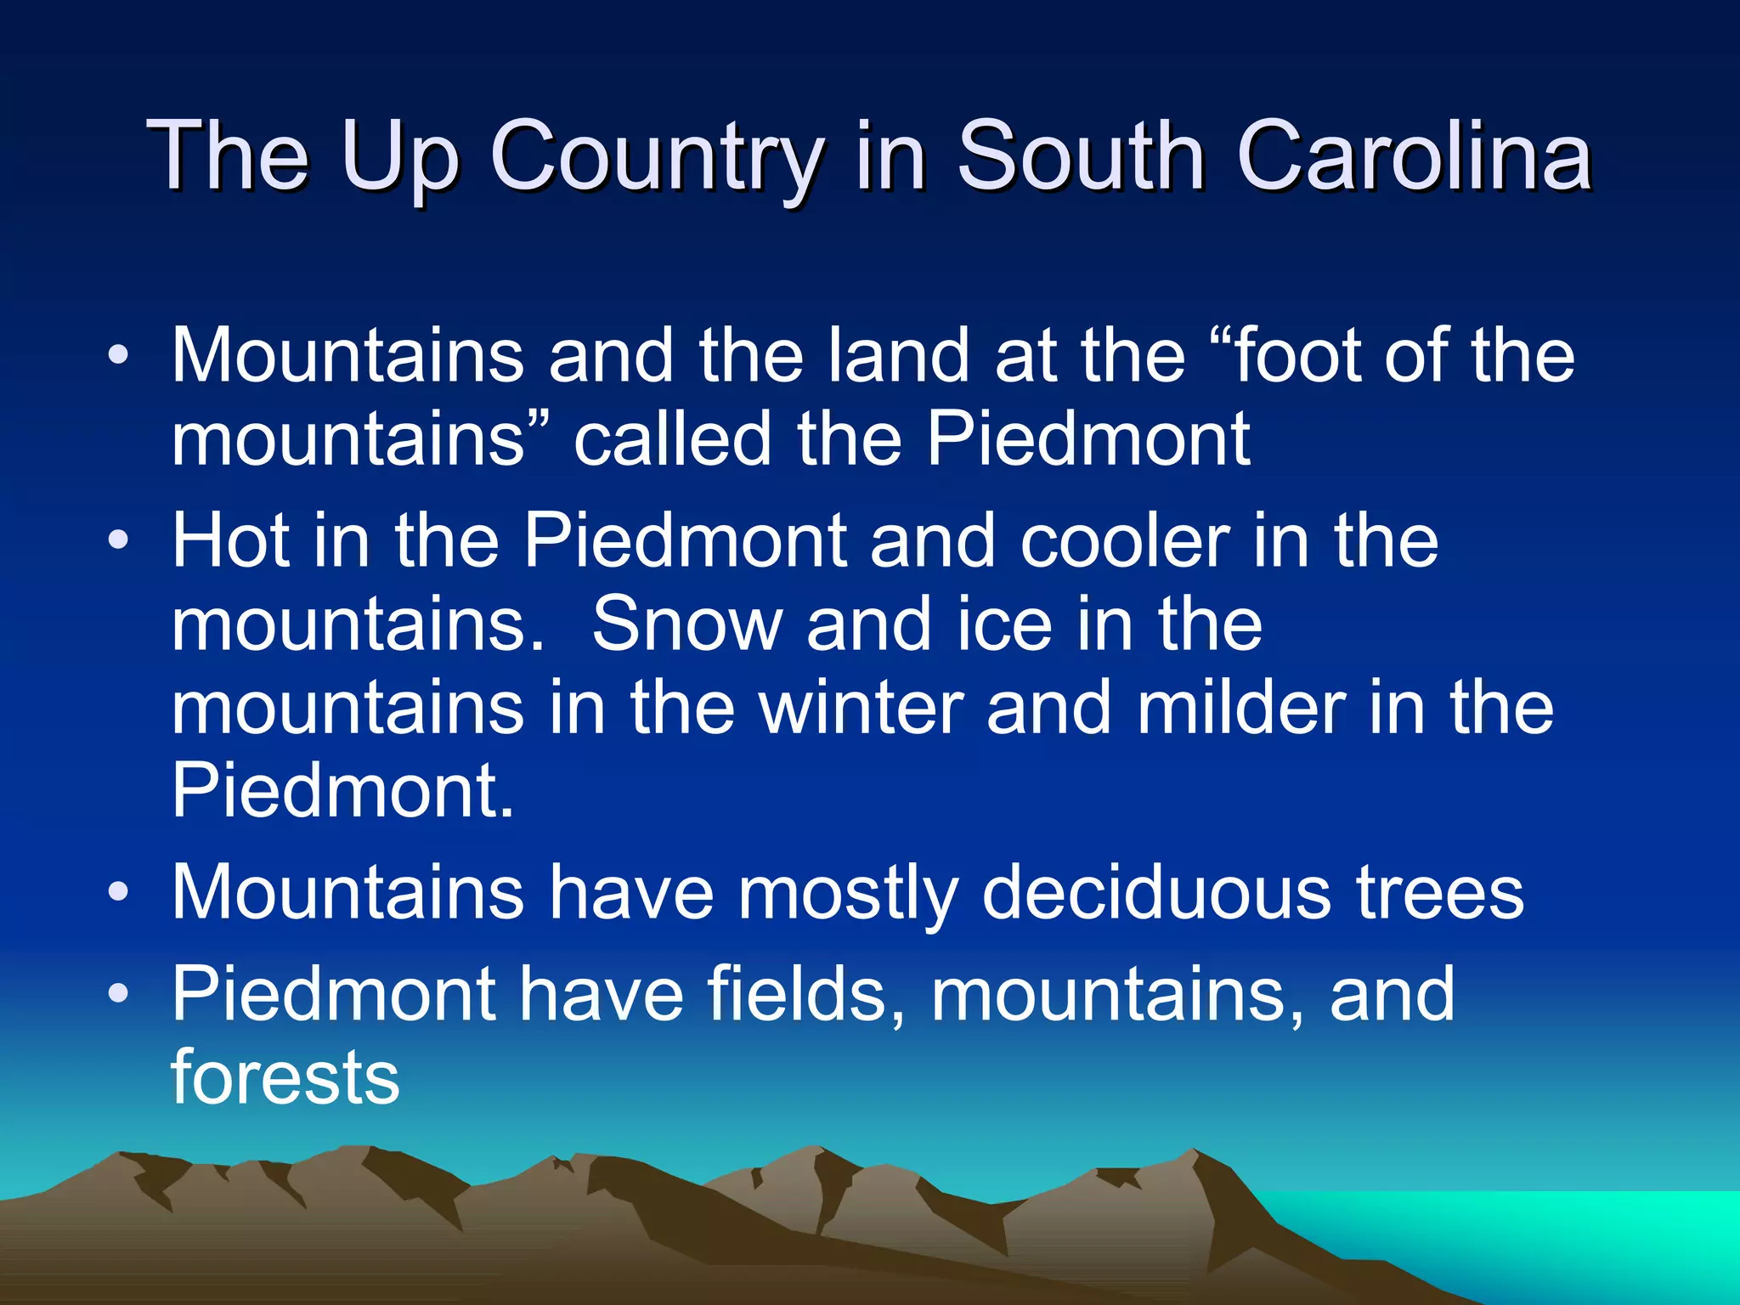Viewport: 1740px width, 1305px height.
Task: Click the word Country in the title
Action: coord(657,157)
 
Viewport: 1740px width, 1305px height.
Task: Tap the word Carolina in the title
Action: coord(1415,157)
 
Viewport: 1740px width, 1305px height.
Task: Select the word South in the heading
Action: coord(1081,157)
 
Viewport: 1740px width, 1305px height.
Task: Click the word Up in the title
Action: coord(399,157)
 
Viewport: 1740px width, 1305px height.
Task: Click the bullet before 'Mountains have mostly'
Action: coord(119,892)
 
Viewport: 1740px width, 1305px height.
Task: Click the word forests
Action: coord(285,1076)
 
